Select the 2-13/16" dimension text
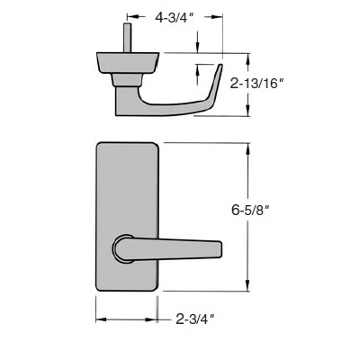pos(284,85)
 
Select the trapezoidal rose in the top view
pos(126,63)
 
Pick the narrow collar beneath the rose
pos(127,83)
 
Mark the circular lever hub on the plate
pos(123,247)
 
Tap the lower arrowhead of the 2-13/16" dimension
pos(247,112)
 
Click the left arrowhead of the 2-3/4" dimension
pos(99,319)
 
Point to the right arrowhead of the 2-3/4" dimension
pos(157,319)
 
